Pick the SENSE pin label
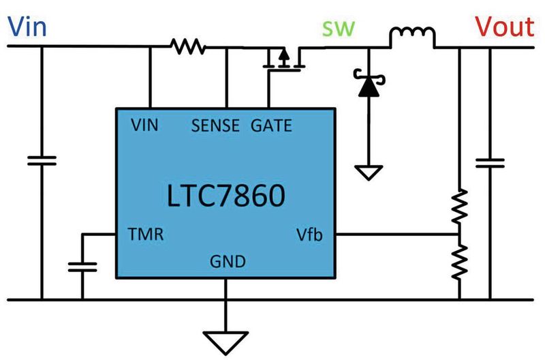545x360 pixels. coord(216,125)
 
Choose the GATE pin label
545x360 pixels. coord(271,125)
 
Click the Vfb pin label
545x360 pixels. coord(309,236)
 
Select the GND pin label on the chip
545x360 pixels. coord(225,261)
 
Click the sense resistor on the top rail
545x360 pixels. coord(188,46)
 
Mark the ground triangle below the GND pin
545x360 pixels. coord(225,337)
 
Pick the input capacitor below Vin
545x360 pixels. coord(42,161)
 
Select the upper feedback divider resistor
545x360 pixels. coord(460,207)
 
